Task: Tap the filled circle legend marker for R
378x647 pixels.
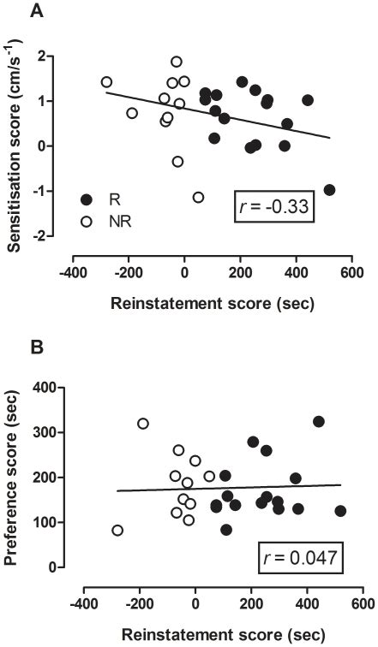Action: pos(86,199)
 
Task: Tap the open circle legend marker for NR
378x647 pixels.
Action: pos(86,220)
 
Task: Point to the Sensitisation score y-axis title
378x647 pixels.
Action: pos(15,141)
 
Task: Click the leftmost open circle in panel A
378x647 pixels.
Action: pos(107,82)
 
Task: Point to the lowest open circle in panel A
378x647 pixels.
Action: pos(199,197)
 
